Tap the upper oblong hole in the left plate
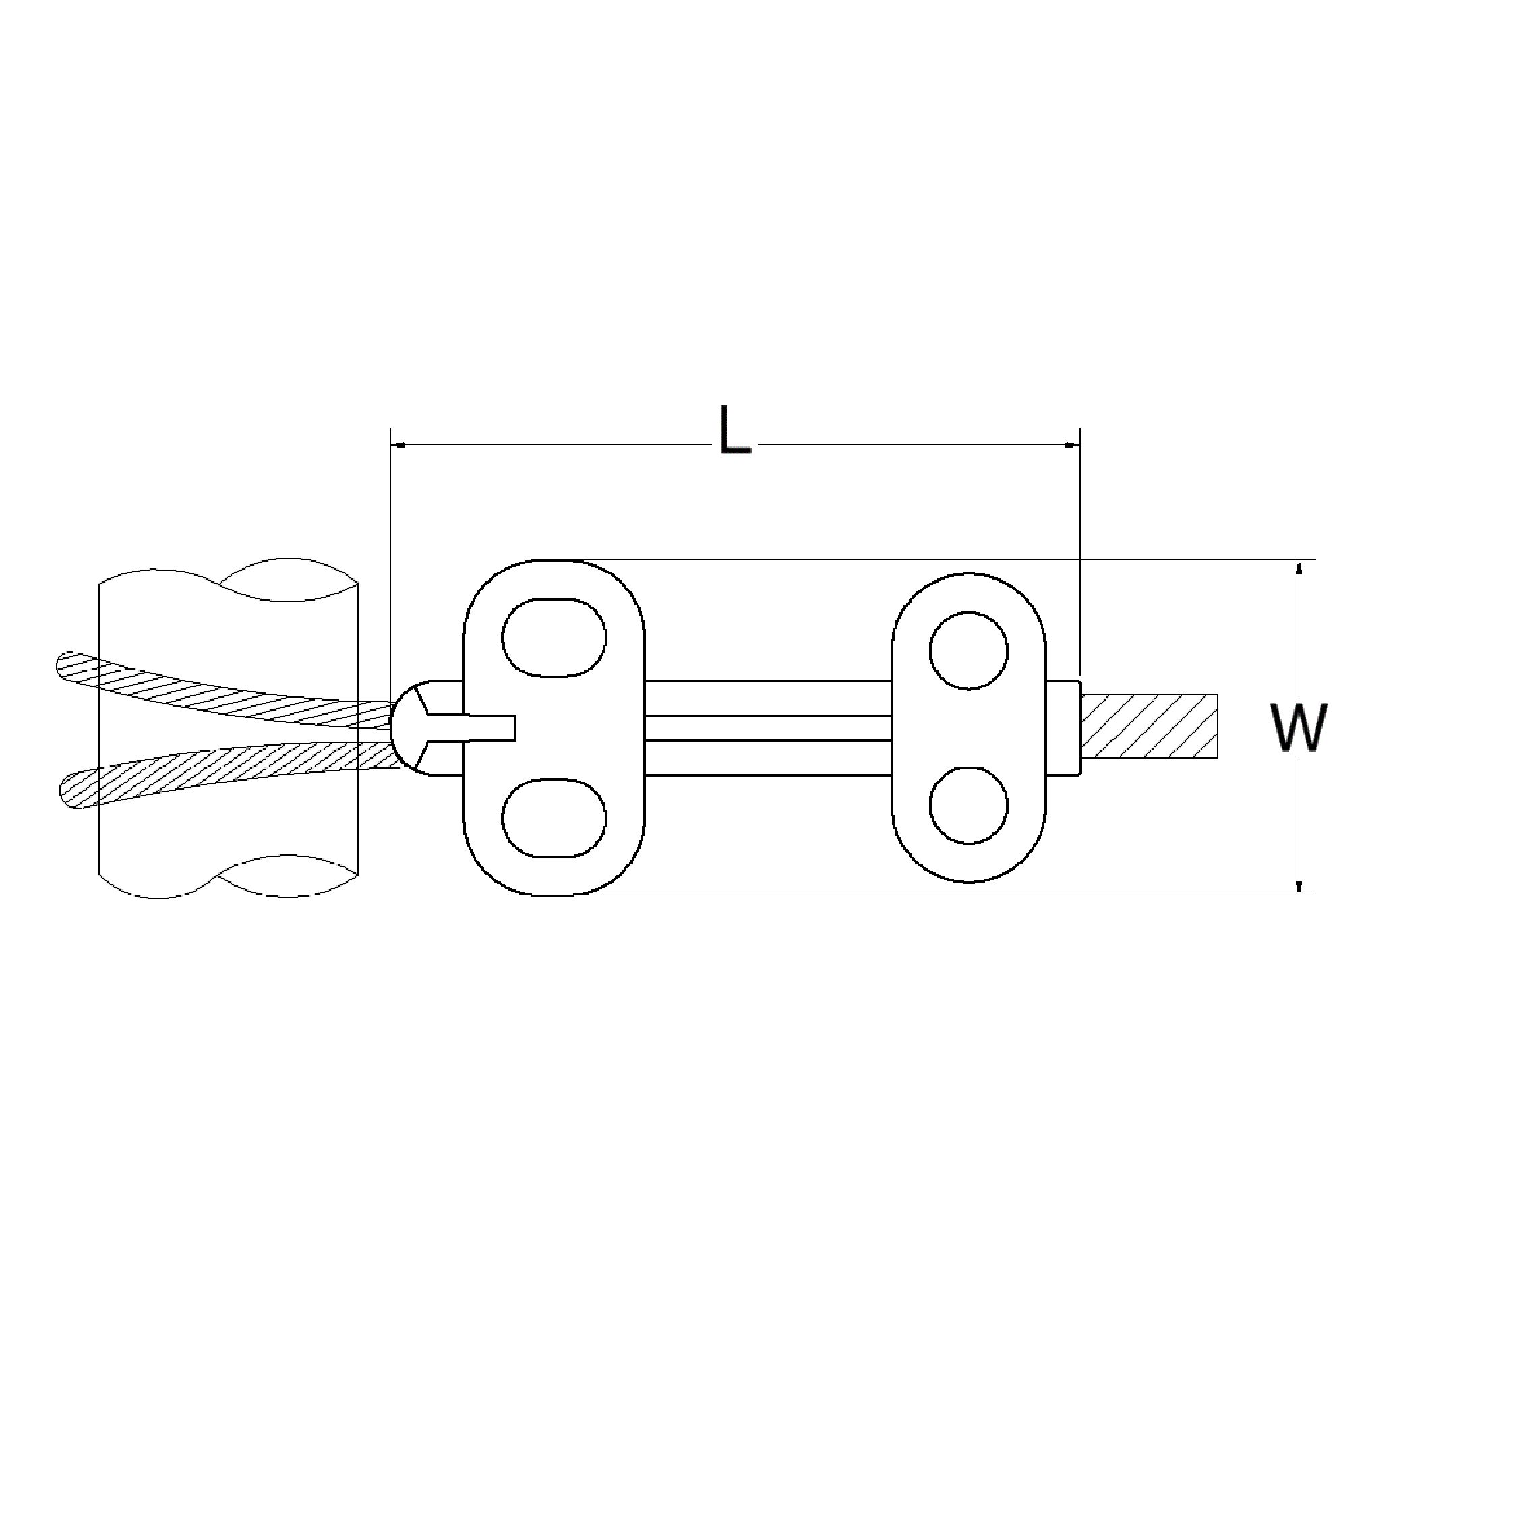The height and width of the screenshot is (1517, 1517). pos(554,638)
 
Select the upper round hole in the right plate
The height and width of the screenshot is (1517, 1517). pos(968,651)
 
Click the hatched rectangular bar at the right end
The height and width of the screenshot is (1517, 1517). pos(1150,726)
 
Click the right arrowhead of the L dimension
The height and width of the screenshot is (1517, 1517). pos(1073,445)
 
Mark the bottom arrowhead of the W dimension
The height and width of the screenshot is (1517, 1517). pos(1299,887)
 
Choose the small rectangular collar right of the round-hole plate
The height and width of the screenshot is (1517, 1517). pos(1063,728)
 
